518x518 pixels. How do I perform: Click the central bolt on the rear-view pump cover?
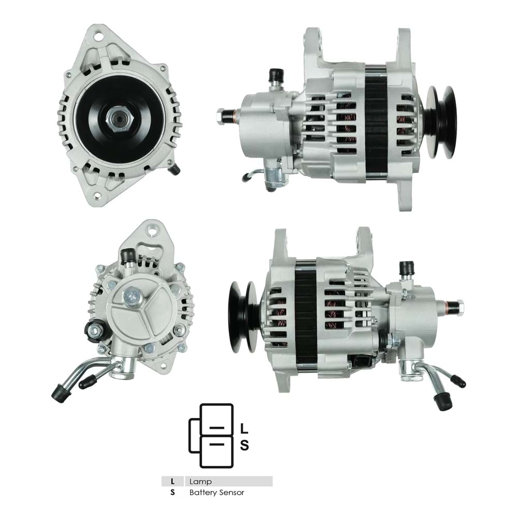click(132, 296)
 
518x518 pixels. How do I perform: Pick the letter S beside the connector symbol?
click(245, 445)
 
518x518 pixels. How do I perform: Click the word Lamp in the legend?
click(200, 481)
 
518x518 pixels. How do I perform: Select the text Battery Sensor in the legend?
click(217, 493)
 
